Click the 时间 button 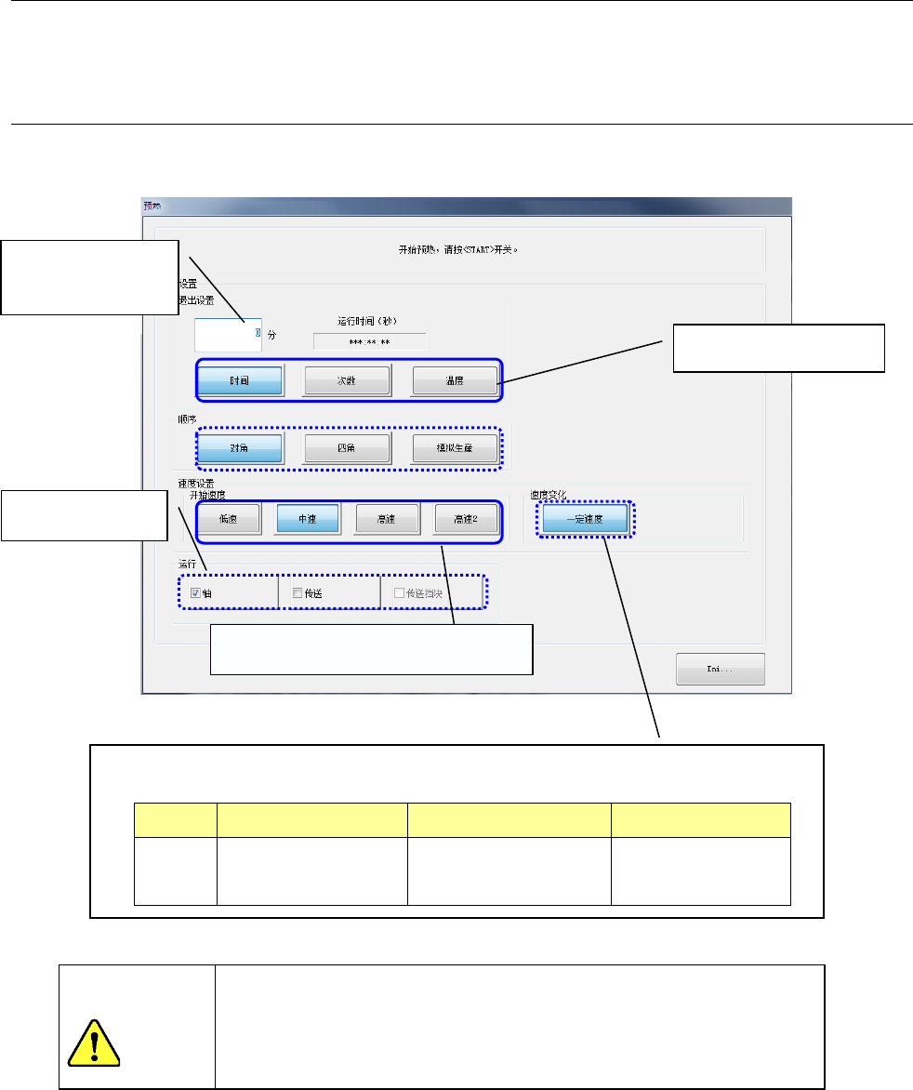[x=239, y=380]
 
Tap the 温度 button [x=454, y=380]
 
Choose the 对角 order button [x=239, y=448]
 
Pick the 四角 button [x=347, y=448]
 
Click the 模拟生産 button [x=454, y=448]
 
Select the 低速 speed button [x=228, y=520]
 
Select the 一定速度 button [x=586, y=520]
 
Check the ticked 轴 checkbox [x=195, y=592]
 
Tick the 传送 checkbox [x=297, y=592]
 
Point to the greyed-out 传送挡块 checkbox [x=400, y=592]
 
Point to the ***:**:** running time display [x=369, y=342]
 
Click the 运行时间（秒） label [x=368, y=321]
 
